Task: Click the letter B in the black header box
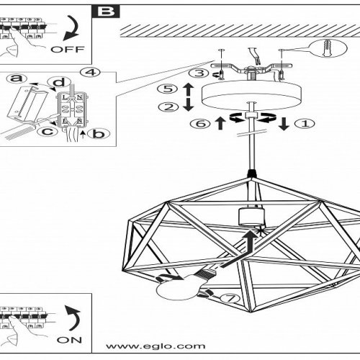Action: tap(107, 12)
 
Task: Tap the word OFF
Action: tap(68, 50)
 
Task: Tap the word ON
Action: tap(69, 340)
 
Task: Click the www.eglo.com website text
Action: tap(156, 346)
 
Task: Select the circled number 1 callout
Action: tap(305, 124)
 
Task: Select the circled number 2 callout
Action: tap(168, 107)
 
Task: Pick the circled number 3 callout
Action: tap(199, 73)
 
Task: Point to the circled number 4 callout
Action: tap(90, 72)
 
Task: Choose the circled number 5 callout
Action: tap(168, 89)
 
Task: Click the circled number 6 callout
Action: tap(200, 124)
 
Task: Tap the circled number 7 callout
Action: tap(230, 298)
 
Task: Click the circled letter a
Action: tap(17, 78)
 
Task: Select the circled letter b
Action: tap(99, 134)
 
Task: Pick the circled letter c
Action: tap(48, 131)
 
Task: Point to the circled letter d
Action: tap(59, 82)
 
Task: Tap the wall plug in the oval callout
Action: tap(327, 48)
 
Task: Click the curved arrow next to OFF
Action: tap(72, 27)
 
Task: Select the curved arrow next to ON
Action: tap(73, 318)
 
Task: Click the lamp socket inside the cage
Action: tap(251, 217)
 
